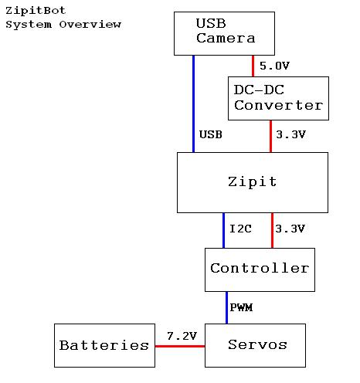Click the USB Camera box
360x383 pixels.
point(224,33)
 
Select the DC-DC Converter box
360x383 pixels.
point(278,98)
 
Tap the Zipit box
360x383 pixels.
point(253,182)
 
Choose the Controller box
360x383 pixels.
point(260,269)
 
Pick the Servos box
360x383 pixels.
point(255,345)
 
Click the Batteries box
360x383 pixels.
point(104,345)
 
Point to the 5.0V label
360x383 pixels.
point(274,66)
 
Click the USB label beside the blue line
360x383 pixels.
point(211,134)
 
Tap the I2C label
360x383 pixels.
point(240,229)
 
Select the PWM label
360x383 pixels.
point(241,307)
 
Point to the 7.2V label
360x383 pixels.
point(182,336)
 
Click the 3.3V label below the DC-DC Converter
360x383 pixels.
point(290,134)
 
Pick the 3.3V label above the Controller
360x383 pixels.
point(290,229)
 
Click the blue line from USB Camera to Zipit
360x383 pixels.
point(194,103)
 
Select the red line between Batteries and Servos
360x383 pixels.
point(180,346)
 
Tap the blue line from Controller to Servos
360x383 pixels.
point(226,307)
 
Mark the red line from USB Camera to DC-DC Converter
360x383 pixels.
point(253,66)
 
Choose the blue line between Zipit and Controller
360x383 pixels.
point(223,230)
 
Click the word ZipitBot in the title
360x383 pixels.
point(36,11)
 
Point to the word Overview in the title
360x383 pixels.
point(90,25)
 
